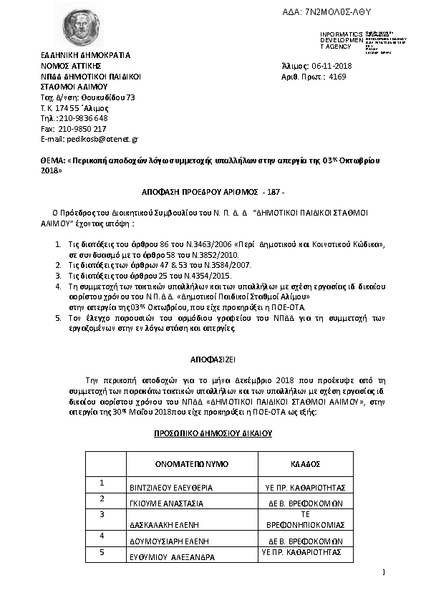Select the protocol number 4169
(337, 75)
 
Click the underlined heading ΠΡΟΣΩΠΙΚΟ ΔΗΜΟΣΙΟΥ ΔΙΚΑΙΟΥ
(213, 433)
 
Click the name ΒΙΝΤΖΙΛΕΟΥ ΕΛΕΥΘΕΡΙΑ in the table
(171, 487)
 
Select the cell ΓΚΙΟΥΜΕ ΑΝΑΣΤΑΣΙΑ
(166, 503)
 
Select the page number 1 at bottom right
(384, 572)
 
